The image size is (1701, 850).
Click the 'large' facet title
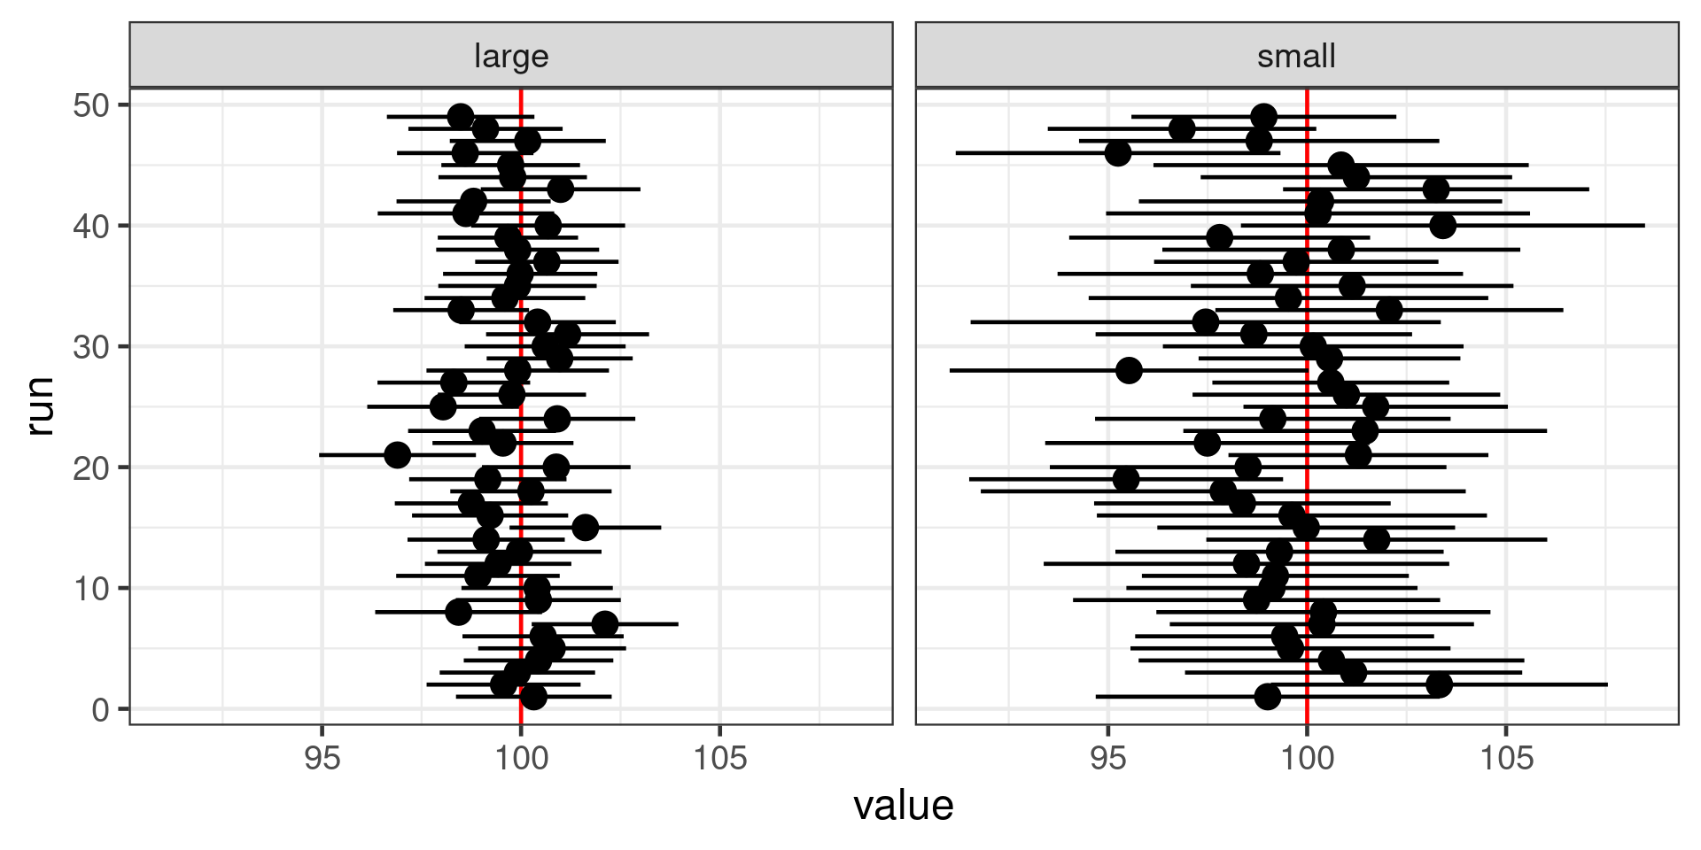click(511, 57)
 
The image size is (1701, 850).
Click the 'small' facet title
click(1296, 57)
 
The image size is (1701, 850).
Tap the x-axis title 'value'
click(903, 806)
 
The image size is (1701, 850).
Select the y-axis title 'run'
click(41, 406)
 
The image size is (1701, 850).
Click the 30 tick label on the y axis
click(89, 346)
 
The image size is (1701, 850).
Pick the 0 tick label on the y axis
click(99, 709)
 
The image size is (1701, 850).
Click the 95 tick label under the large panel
click(322, 758)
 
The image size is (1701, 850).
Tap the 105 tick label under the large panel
click(719, 758)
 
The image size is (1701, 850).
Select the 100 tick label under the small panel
click(1307, 758)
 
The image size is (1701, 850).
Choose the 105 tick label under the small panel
click(1506, 758)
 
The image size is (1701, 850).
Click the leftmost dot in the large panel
click(398, 455)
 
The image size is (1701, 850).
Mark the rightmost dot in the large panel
click(605, 623)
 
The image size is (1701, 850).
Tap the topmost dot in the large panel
click(460, 117)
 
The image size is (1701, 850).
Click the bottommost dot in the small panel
click(1268, 697)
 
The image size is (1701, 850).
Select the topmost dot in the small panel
click(1264, 117)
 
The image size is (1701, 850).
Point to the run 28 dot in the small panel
click(1129, 370)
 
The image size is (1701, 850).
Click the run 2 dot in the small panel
click(1440, 684)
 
